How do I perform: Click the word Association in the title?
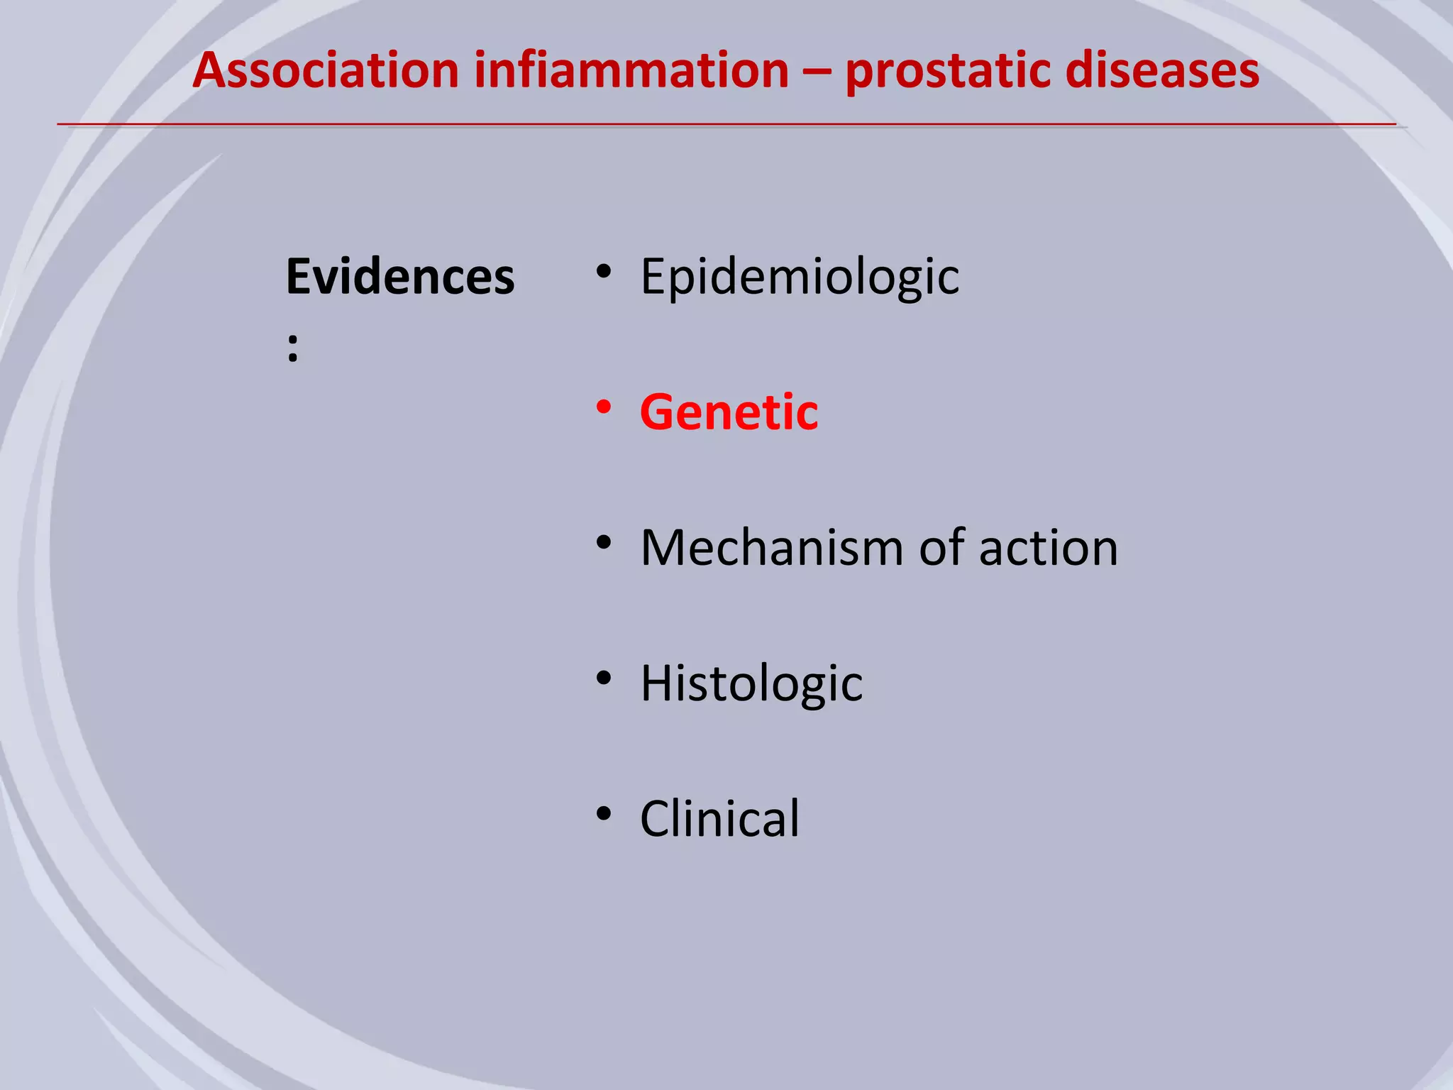pyautogui.click(x=326, y=71)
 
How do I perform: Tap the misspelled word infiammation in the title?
pyautogui.click(x=631, y=71)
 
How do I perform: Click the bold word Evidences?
pyautogui.click(x=400, y=277)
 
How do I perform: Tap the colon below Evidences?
pyautogui.click(x=292, y=349)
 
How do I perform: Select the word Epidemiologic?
pyautogui.click(x=800, y=277)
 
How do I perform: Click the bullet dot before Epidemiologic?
pyautogui.click(x=604, y=272)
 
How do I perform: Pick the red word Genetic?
pyautogui.click(x=729, y=412)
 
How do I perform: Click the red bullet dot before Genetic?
pyautogui.click(x=604, y=407)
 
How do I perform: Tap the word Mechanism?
pyautogui.click(x=770, y=548)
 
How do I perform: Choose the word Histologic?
pyautogui.click(x=751, y=683)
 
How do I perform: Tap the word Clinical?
pyautogui.click(x=719, y=819)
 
